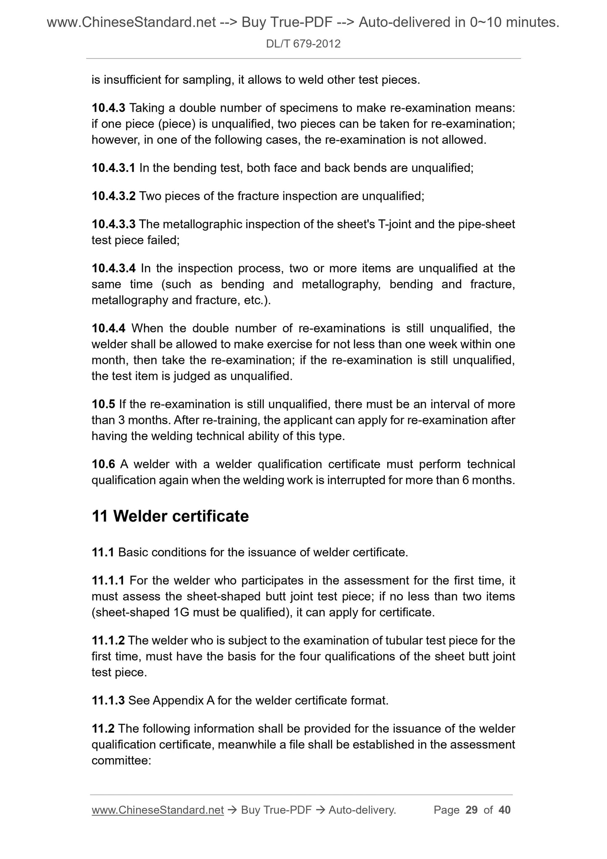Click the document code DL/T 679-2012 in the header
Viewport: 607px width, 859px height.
tap(303, 44)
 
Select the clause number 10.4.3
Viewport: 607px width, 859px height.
tap(108, 108)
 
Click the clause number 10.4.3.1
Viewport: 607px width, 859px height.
tap(113, 168)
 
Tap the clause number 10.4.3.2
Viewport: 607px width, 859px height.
tap(113, 196)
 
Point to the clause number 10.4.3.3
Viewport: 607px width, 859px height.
tap(113, 224)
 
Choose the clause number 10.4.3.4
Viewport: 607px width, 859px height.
tap(113, 268)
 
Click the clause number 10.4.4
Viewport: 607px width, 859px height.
tap(108, 328)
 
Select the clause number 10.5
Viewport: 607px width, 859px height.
tap(103, 404)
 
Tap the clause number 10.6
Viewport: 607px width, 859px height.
tap(103, 464)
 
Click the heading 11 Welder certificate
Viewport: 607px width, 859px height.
tap(170, 516)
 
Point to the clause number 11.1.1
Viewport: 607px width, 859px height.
tap(108, 581)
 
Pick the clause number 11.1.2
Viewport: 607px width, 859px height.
tap(108, 641)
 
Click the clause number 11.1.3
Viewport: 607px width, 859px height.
tap(108, 701)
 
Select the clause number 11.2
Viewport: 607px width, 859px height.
tap(103, 729)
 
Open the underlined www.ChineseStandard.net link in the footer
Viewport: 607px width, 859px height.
tap(158, 810)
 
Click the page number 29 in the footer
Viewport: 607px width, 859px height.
tap(472, 810)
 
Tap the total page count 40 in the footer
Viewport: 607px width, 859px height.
tap(505, 810)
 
